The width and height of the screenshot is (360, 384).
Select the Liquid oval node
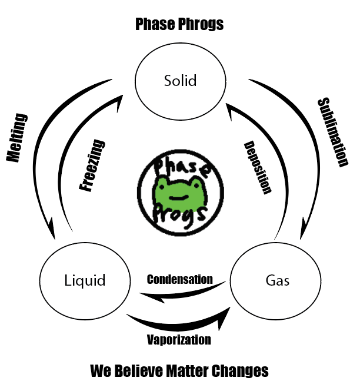(85, 280)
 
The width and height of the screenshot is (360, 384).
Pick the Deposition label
(257, 168)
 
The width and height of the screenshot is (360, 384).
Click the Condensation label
(179, 279)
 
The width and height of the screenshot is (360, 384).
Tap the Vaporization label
(179, 340)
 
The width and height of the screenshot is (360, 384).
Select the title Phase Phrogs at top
(179, 24)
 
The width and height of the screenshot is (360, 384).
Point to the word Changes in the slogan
(242, 371)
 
